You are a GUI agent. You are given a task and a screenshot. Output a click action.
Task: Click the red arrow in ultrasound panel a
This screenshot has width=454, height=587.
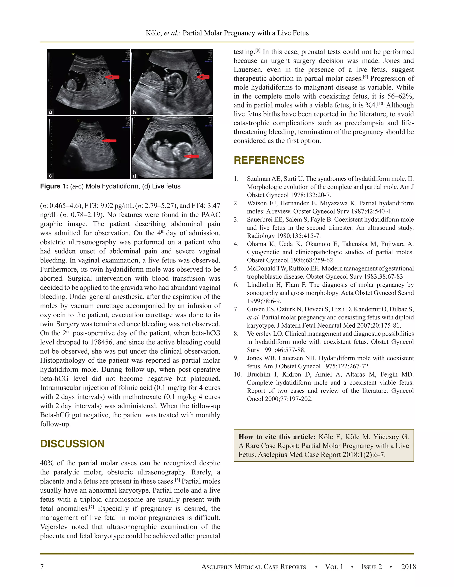[112, 77]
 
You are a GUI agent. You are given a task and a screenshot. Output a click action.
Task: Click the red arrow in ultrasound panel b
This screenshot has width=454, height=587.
[203, 77]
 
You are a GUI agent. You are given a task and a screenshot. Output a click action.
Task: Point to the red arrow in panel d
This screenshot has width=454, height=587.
[191, 156]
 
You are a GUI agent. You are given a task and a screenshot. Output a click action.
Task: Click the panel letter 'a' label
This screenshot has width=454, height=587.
[50, 112]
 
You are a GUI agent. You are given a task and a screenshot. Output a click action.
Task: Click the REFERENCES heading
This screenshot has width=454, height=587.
[269, 160]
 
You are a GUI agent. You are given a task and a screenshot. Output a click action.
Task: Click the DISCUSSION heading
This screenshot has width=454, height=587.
[72, 444]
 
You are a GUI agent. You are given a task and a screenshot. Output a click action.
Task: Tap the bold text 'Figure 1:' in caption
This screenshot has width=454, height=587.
[54, 186]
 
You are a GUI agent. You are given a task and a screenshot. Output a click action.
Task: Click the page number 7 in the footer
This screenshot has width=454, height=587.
[42, 567]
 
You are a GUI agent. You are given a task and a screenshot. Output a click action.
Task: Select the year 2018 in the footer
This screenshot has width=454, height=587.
[408, 567]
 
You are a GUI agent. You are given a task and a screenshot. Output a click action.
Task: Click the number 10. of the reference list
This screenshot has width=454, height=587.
[238, 374]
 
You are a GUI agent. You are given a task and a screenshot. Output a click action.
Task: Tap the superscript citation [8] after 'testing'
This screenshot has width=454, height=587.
[258, 50]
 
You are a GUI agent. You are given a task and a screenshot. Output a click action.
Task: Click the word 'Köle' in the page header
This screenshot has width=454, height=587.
[154, 33]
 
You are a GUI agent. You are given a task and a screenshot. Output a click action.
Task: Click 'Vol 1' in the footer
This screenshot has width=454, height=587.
[334, 567]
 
